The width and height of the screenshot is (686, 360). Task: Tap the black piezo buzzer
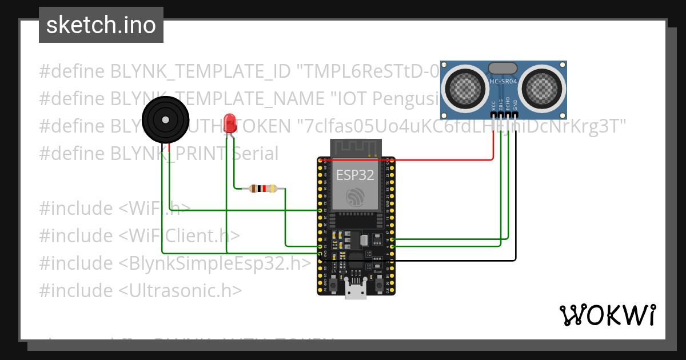coord(165,120)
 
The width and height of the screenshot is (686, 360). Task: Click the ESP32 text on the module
coord(354,175)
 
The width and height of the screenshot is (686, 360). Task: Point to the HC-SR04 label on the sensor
coord(503,82)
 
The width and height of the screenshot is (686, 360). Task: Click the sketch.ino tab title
coord(101,25)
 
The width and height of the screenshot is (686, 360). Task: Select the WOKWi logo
coord(607,315)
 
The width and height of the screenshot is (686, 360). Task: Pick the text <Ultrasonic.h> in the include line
coord(180,290)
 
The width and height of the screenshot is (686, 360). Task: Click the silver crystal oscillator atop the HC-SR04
coord(504,68)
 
